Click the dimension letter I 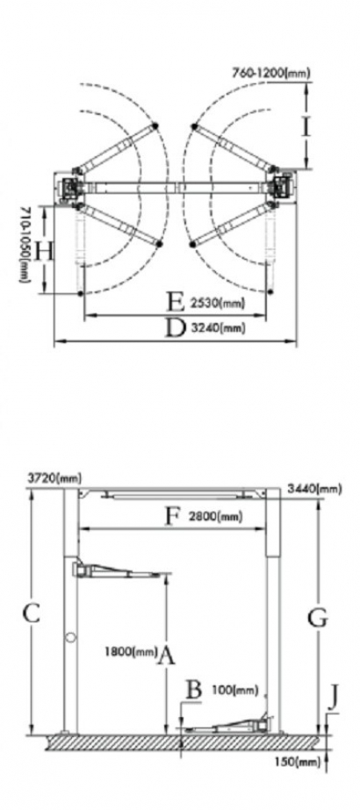[306, 126]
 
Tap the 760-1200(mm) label [270, 73]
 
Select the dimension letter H [45, 252]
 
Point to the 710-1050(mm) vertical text [25, 245]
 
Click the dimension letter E [176, 302]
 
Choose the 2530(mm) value [217, 303]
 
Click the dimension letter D [175, 327]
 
